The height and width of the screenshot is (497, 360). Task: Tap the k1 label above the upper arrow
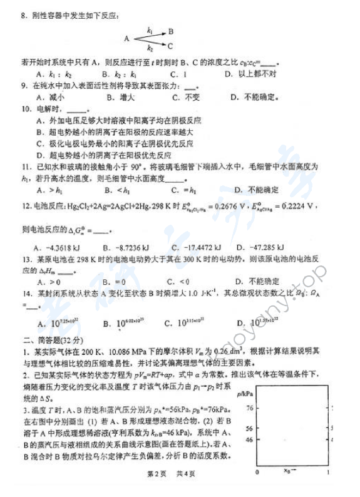(150, 29)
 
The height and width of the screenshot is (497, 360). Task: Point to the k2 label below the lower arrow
(150, 49)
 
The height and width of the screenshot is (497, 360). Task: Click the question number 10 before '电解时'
(26, 108)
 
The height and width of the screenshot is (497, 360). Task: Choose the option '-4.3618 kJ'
(58, 247)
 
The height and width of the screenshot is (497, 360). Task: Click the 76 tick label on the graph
(249, 407)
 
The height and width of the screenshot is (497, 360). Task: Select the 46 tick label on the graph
(249, 439)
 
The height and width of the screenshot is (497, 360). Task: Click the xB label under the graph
(289, 471)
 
